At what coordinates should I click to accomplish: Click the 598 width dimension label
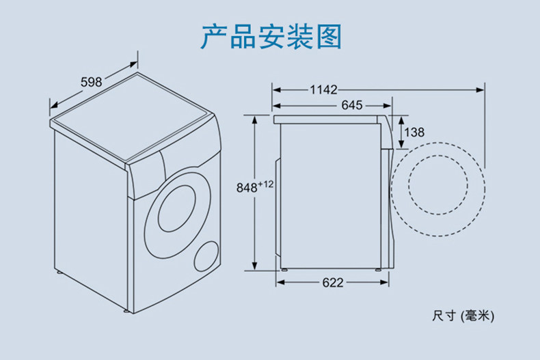(x=92, y=82)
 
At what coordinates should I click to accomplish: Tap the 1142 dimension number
(x=323, y=89)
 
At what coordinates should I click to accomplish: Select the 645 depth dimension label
(x=351, y=105)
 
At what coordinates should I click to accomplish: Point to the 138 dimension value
(x=414, y=132)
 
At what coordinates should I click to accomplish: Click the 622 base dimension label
(x=333, y=283)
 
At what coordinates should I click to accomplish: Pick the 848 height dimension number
(x=247, y=188)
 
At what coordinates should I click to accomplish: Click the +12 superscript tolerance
(x=265, y=184)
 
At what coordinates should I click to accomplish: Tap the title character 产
(x=214, y=36)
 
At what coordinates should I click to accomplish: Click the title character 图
(x=329, y=36)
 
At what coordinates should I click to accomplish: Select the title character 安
(x=271, y=36)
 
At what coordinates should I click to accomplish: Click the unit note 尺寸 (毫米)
(x=463, y=316)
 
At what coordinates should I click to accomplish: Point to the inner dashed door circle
(x=438, y=156)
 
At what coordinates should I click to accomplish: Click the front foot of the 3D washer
(x=126, y=311)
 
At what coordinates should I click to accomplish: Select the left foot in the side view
(x=284, y=271)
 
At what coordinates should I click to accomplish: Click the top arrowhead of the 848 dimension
(x=254, y=120)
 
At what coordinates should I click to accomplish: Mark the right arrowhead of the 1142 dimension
(x=480, y=89)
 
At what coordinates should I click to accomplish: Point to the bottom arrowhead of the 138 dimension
(x=401, y=144)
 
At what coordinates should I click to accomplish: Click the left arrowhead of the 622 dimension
(x=280, y=283)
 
